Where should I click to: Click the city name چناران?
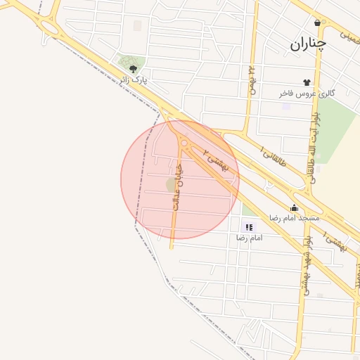click(308, 44)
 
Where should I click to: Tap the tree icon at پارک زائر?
click(134, 69)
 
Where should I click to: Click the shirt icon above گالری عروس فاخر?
click(306, 83)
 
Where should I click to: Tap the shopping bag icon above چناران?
click(318, 23)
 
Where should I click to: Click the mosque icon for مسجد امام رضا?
click(294, 207)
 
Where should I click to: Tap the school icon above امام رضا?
click(247, 227)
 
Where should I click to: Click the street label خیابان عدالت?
click(178, 186)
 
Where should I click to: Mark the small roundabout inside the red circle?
click(184, 143)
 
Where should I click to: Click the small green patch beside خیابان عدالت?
click(171, 184)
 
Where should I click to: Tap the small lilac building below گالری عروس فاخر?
click(286, 106)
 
